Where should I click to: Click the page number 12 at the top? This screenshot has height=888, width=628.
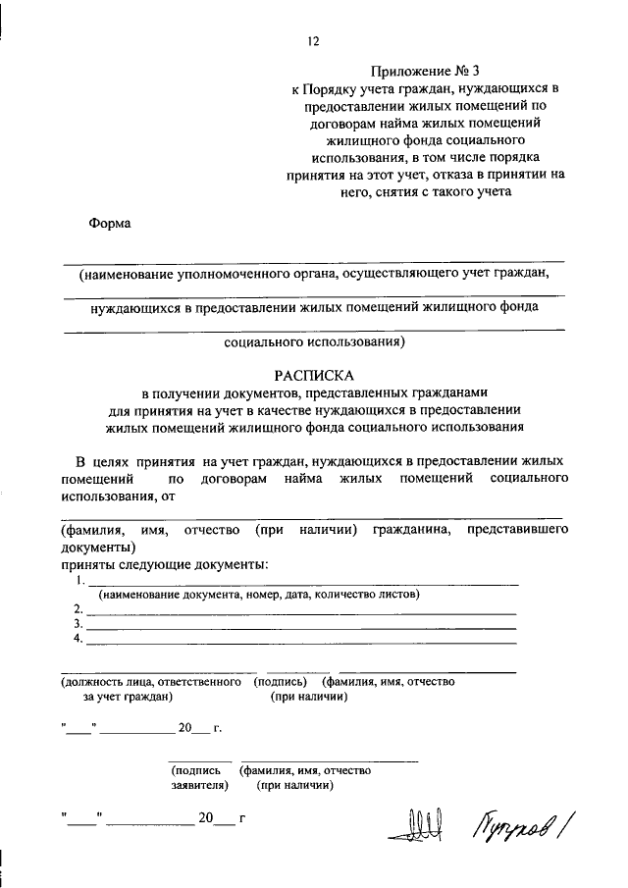click(313, 40)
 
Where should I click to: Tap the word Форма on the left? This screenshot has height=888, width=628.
click(110, 222)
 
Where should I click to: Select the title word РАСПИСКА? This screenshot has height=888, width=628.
click(314, 375)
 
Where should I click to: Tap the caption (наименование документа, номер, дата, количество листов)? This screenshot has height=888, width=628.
click(257, 595)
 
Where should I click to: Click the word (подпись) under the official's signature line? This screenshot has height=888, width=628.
click(280, 681)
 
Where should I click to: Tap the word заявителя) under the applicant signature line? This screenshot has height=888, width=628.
click(199, 785)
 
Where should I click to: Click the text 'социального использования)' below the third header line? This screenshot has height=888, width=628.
click(314, 343)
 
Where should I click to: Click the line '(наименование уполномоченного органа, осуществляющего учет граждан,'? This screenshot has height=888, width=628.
click(314, 275)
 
